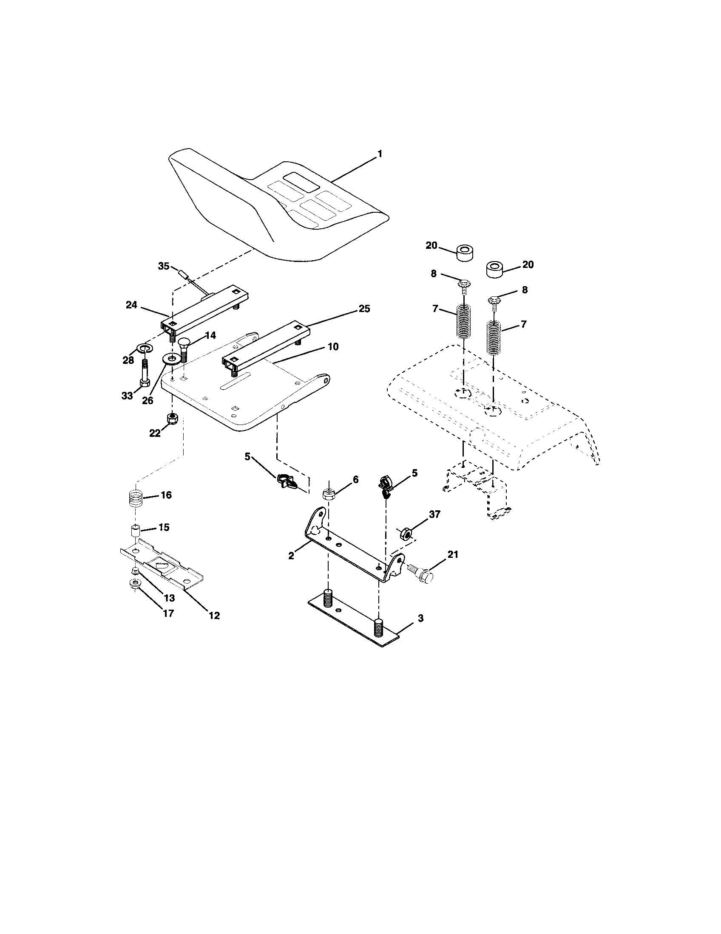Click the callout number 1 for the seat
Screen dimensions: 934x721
tap(379, 154)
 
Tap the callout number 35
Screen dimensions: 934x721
tap(164, 266)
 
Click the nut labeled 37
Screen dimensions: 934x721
tap(406, 534)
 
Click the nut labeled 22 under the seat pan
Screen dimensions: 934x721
tap(172, 418)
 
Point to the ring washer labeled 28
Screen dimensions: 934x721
tap(145, 348)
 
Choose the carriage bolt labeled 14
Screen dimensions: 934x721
tap(184, 349)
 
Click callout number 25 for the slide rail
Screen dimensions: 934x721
tap(364, 309)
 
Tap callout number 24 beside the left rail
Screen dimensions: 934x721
tap(131, 305)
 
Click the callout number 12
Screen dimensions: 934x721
tap(214, 616)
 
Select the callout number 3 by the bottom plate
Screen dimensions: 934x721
tap(420, 619)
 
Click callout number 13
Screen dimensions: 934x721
tap(170, 598)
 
